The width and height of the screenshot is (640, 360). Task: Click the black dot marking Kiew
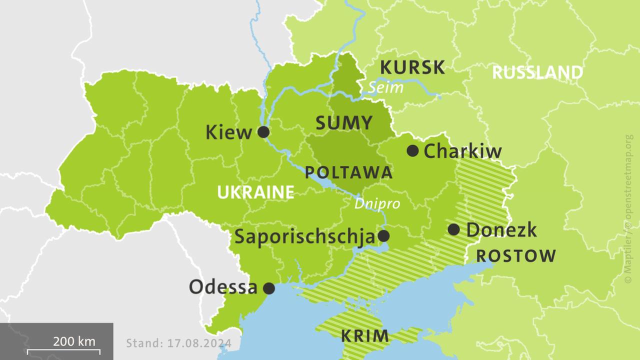click(x=263, y=132)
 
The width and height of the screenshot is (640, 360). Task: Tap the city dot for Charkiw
click(x=412, y=150)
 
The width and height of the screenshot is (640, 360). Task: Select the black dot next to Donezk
click(x=453, y=229)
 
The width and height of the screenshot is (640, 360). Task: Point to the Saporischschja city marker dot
click(x=383, y=236)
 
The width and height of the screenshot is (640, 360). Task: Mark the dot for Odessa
click(x=269, y=288)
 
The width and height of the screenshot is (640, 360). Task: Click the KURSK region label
click(x=412, y=67)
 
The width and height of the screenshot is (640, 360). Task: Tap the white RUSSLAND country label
click(x=537, y=72)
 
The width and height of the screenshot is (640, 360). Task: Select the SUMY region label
click(x=344, y=123)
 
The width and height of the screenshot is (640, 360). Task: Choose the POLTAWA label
click(x=348, y=173)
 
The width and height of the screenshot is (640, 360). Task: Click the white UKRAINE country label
click(x=255, y=192)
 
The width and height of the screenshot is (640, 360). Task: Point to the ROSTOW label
click(x=515, y=256)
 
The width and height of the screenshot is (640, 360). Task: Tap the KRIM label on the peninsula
click(x=365, y=336)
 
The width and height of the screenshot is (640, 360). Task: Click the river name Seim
click(x=378, y=88)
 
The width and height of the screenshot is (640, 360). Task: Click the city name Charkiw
click(x=462, y=151)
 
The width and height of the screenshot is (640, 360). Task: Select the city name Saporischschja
click(x=304, y=236)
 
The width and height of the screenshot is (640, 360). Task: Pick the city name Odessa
click(x=223, y=287)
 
